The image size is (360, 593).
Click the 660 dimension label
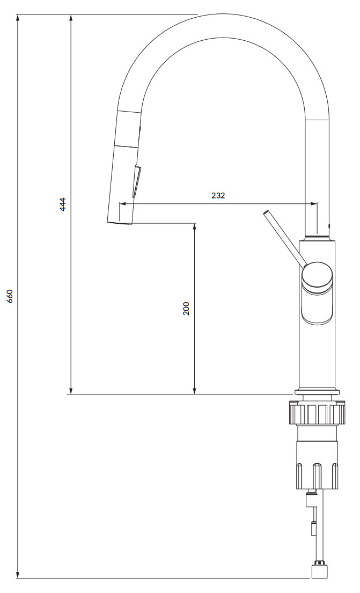[x=10, y=297]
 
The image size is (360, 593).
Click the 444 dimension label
[x=63, y=204]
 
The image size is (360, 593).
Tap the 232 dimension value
[x=218, y=195]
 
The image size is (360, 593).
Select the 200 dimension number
[x=186, y=308]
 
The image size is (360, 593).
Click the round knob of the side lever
[x=318, y=274]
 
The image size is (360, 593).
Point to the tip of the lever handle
[x=267, y=214]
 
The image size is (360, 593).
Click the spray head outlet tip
[x=120, y=222]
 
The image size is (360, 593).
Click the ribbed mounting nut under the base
[x=317, y=413]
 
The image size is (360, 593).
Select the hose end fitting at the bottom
[x=320, y=570]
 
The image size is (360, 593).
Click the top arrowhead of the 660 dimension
[x=19, y=18]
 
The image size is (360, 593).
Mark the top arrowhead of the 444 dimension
[x=71, y=18]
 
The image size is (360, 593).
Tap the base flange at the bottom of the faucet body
[x=317, y=391]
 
